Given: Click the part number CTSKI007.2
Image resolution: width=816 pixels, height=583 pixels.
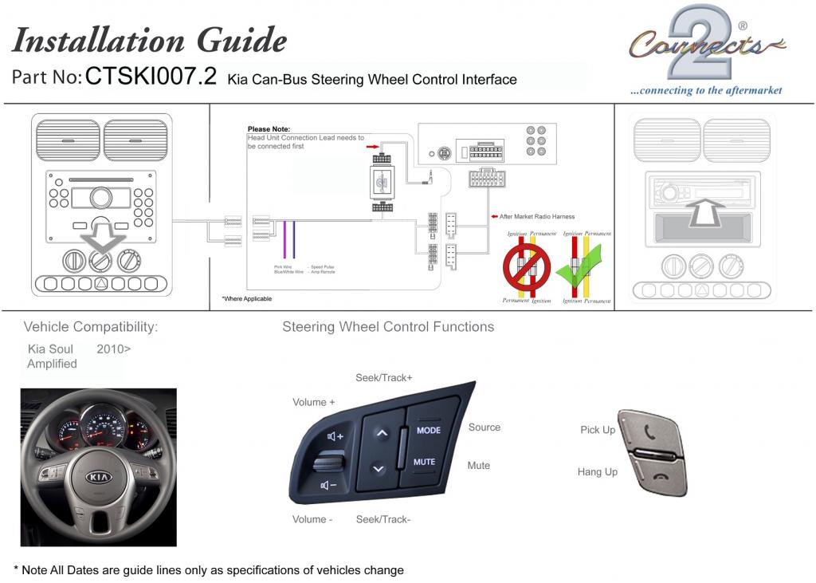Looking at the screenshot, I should pos(151,77).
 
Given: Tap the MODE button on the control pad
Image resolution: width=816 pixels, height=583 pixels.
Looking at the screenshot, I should pos(428,431).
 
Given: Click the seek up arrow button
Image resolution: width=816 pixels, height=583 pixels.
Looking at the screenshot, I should pos(381,433).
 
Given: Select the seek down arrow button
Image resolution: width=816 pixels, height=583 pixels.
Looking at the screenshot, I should pos(379,468).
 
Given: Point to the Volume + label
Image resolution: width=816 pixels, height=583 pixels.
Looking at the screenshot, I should pos(313,402).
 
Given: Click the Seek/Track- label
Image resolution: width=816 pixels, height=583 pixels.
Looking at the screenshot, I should pos(383,519).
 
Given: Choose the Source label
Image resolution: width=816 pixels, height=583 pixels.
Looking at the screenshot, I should pos(484,427).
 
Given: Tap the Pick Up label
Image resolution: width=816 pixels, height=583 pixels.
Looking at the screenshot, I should pos(598,430).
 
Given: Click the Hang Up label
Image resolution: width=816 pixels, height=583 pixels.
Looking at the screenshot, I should pos(598,472).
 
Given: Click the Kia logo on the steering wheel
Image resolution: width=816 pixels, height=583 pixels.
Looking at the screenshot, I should pos(98,477).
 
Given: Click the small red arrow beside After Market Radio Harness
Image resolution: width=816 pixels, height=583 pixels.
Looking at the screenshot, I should pos(493,216).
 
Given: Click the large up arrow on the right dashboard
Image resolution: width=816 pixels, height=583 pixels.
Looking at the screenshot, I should pos(704,212).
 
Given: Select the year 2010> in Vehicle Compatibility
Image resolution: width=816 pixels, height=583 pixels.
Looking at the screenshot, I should pos(114,349).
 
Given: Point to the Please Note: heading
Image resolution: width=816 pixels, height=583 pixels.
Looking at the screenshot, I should pos(269,129).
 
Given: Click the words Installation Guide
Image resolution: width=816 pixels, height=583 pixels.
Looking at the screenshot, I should pos(150,40).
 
